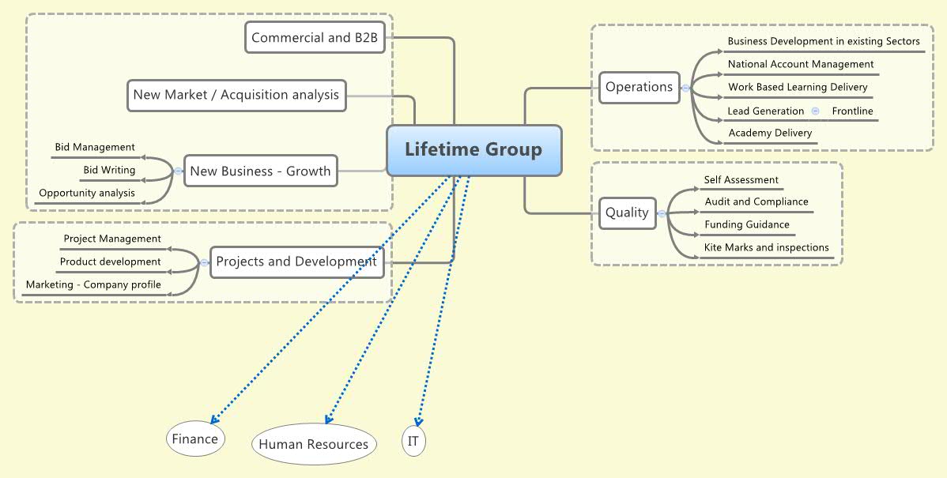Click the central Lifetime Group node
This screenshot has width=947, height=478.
[x=473, y=150]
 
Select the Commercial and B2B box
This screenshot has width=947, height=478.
[x=315, y=38]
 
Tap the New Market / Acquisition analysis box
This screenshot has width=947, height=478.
[x=236, y=95]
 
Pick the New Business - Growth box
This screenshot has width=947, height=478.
[x=261, y=171]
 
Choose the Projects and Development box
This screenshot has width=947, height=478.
[x=296, y=262]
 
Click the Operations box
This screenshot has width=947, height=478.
[x=639, y=87]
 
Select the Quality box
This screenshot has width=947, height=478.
[x=627, y=213]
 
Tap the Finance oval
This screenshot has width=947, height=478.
[x=195, y=439]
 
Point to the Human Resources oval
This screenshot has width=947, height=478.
[x=314, y=444]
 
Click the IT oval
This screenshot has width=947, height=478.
[x=413, y=441]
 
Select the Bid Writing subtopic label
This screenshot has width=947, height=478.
[x=109, y=170]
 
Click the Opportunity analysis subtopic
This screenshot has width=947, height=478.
[x=87, y=193]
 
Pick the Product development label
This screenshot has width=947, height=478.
[x=111, y=262]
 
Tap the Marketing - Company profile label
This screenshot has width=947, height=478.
[x=93, y=284]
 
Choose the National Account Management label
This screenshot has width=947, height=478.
[x=801, y=64]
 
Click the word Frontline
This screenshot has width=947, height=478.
[x=852, y=111]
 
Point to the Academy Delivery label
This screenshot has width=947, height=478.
[x=770, y=133]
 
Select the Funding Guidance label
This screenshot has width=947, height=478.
[x=747, y=224]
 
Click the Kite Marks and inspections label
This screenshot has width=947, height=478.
[x=767, y=247]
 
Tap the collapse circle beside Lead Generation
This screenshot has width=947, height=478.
[x=815, y=111]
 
